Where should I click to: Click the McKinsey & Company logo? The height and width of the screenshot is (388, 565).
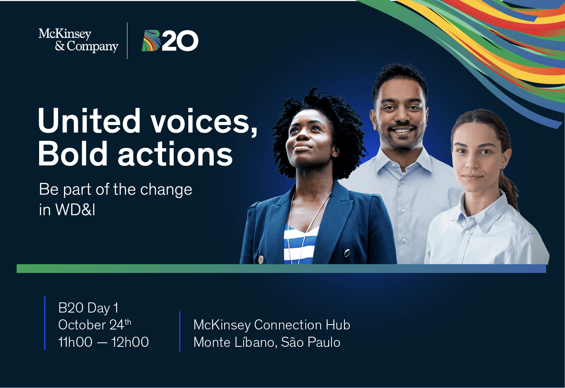[79, 40]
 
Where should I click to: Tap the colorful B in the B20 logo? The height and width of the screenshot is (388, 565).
[151, 41]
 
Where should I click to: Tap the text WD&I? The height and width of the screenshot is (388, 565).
[75, 209]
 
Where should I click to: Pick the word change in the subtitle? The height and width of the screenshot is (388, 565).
[166, 190]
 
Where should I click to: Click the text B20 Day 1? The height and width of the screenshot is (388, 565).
[88, 308]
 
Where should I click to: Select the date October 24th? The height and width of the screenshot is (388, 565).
[95, 325]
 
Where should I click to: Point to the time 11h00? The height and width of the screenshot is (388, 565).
[75, 342]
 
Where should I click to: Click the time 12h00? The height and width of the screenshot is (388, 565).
[130, 342]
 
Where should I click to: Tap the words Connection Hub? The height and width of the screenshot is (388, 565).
[302, 325]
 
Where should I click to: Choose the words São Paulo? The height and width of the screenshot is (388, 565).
[311, 342]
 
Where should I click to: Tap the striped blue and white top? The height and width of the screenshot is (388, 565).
[300, 244]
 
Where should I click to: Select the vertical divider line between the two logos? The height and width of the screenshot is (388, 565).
[127, 41]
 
